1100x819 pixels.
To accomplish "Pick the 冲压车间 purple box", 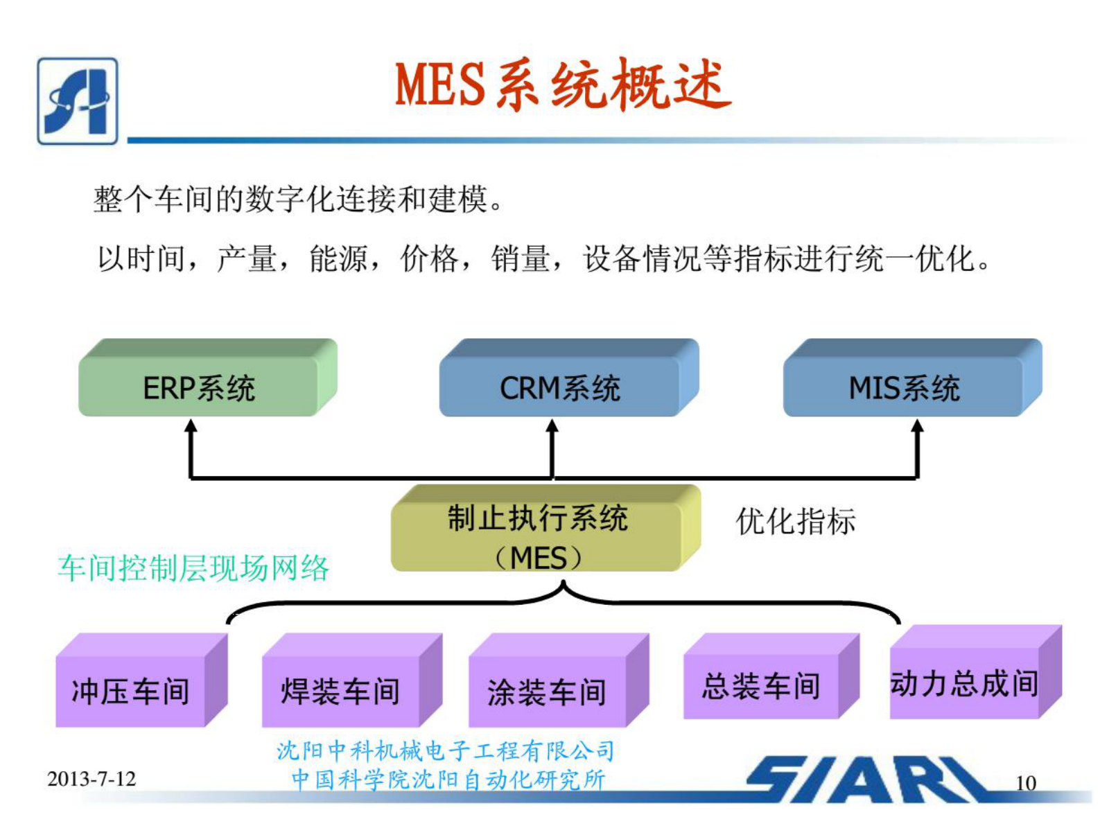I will (x=131, y=690).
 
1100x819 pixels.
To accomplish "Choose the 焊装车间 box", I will (x=340, y=690).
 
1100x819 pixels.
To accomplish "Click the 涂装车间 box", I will (x=547, y=690).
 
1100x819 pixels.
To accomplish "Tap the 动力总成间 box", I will (x=964, y=682).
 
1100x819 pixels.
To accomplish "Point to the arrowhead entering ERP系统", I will (x=191, y=425).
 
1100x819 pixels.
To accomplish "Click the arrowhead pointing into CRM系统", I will (x=552, y=425).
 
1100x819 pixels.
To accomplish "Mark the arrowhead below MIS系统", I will (x=917, y=425).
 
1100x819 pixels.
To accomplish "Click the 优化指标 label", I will (x=796, y=521).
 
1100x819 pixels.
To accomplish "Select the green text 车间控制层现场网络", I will (x=193, y=568).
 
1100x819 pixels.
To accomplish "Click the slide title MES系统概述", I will (x=562, y=85).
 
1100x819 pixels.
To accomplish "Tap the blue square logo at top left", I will (x=78, y=101).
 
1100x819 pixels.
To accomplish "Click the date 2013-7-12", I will (x=91, y=779).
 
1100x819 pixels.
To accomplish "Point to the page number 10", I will (x=1025, y=783).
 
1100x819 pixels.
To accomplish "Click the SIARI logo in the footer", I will (x=866, y=780).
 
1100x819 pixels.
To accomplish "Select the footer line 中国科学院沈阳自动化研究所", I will (x=448, y=780).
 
